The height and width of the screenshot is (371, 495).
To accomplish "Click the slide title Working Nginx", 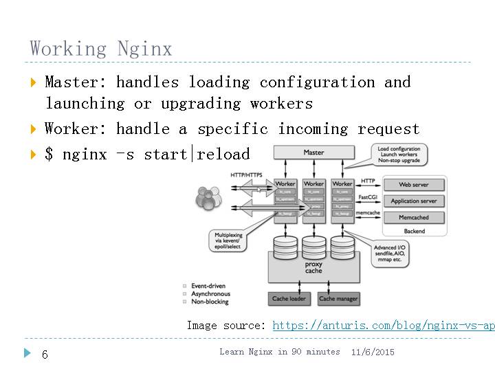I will [100, 49].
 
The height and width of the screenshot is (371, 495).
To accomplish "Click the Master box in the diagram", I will [313, 152].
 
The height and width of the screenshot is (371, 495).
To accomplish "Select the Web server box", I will [414, 185].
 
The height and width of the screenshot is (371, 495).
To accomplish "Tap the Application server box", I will [414, 201].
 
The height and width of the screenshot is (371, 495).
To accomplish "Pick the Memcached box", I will [414, 218].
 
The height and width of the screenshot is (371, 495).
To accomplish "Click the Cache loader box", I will [289, 299].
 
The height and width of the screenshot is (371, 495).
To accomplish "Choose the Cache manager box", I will [338, 299].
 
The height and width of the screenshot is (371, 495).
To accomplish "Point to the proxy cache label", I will [313, 267].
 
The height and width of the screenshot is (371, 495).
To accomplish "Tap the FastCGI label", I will [368, 196].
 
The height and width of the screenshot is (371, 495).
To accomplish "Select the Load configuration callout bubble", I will [399, 154].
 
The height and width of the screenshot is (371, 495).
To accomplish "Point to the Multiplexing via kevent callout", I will [229, 243].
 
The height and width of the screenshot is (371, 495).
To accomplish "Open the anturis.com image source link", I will [383, 326].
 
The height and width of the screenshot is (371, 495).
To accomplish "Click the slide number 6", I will [45, 355].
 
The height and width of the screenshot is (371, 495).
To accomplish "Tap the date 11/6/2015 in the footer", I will [373, 352].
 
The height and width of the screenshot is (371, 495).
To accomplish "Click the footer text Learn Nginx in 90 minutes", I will [280, 352].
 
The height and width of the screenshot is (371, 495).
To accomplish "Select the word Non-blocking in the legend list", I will [210, 302].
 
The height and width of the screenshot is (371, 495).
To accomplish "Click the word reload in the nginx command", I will [223, 153].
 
